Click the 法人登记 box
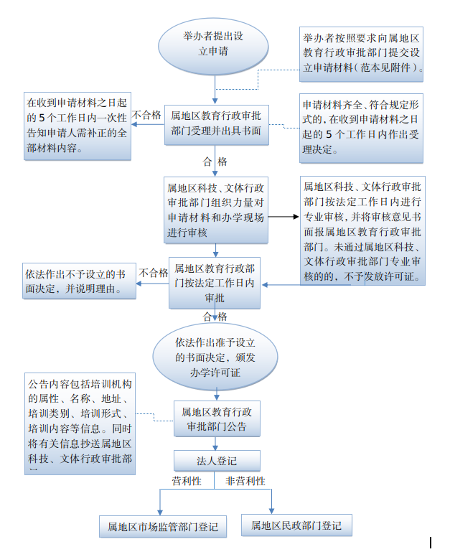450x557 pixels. tap(216, 461)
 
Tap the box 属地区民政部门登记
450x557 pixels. tap(291, 525)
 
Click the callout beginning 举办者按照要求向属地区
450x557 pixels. tap(362, 53)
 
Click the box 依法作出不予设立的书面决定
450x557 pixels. tap(72, 282)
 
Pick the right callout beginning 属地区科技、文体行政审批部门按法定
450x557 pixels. tap(362, 231)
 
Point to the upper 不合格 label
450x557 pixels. tap(147, 115)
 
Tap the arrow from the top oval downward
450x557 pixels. tap(214, 88)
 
